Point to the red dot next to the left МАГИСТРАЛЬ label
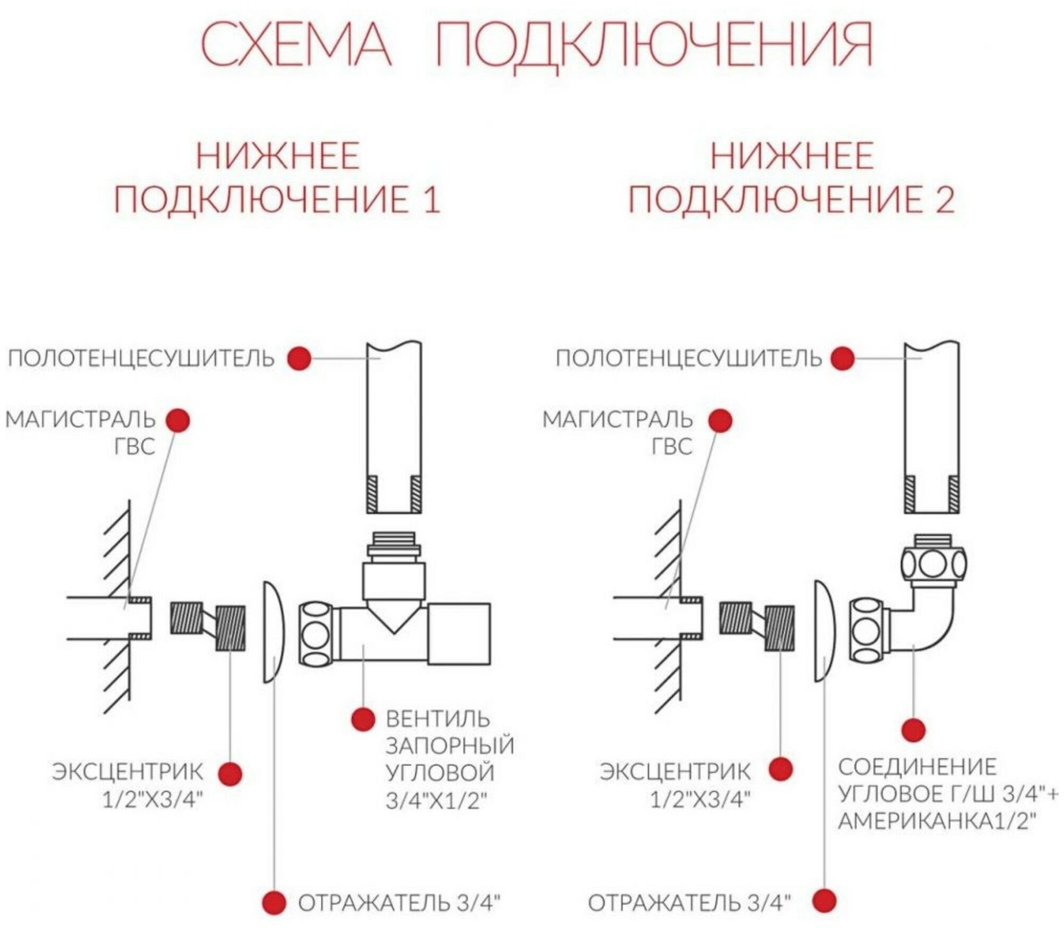[x=178, y=421]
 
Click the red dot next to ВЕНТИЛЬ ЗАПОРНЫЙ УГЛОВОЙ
[x=363, y=719]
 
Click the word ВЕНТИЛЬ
[x=437, y=719]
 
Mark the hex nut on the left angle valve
[x=317, y=634]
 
